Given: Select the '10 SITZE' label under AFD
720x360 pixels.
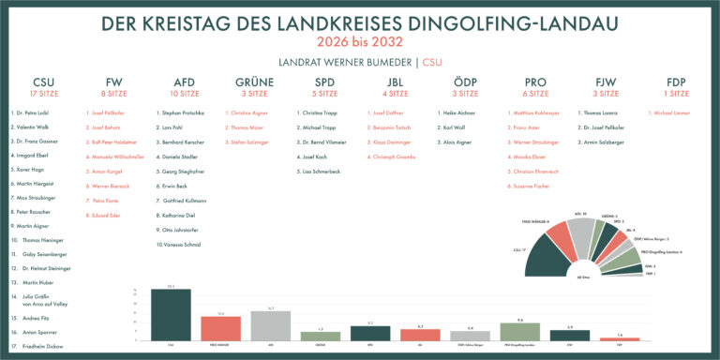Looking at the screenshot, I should (184, 94).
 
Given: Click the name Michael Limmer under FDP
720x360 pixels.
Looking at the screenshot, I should (669, 112).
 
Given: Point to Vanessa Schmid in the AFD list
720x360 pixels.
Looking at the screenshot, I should (179, 244).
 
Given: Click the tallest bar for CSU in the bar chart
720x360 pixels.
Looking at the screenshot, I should (171, 315).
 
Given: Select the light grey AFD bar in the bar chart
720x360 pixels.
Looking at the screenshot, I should (270, 325).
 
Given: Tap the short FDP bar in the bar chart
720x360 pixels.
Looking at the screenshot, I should (620, 338).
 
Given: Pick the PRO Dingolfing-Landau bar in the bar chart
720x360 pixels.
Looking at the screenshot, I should (520, 332).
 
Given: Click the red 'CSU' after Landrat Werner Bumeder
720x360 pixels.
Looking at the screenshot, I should (432, 62).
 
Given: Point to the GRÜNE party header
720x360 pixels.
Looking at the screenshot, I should (254, 82).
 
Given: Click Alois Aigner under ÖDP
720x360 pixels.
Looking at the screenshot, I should (457, 142).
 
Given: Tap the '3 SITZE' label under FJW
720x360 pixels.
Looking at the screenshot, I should (605, 94).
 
